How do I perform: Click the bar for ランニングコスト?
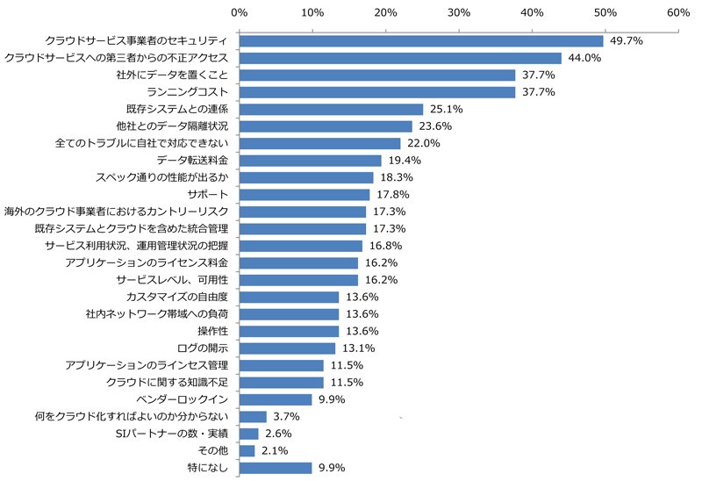pos(377,92)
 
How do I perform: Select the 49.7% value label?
pos(627,40)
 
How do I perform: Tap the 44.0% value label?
pos(584,58)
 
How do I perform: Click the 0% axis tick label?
pos(240,12)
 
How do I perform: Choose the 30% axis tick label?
pos(459,12)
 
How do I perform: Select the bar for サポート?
pos(304,195)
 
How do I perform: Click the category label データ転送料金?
pos(192,161)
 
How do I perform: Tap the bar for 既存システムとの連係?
pos(332,109)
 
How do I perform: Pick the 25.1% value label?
pos(447,109)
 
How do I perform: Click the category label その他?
pos(213,450)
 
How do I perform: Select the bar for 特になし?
pos(276,468)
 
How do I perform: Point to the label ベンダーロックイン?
pos(183,399)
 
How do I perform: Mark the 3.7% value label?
pos(287,417)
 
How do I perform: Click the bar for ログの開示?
pos(288,348)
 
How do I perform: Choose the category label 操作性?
pos(213,332)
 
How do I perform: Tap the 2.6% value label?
pos(278,434)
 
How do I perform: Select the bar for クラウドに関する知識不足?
pos(282,383)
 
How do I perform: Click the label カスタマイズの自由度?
pos(177,297)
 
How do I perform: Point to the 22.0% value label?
pos(424,143)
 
